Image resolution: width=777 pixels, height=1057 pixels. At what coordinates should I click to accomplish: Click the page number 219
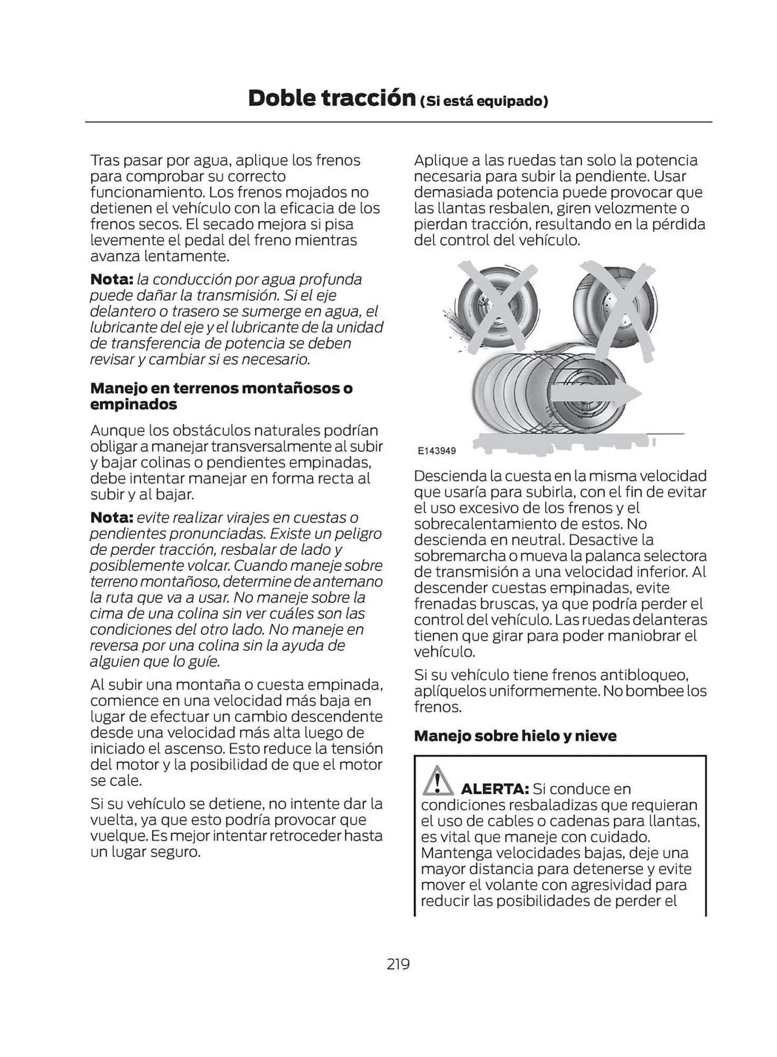[x=398, y=963]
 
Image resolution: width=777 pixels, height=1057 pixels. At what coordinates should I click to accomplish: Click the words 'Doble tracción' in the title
[x=332, y=98]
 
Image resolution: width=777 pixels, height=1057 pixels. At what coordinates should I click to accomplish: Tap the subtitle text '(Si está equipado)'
[x=483, y=101]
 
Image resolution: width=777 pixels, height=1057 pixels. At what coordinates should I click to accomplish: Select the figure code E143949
[x=436, y=451]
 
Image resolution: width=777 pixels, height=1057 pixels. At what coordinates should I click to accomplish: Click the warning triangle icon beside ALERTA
[x=437, y=780]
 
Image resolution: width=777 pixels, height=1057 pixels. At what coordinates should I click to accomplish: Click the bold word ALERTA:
[x=494, y=789]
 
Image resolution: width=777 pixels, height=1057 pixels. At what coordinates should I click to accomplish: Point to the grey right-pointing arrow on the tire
[x=594, y=394]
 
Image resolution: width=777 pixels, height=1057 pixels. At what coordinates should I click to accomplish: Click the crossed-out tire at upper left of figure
[x=497, y=307]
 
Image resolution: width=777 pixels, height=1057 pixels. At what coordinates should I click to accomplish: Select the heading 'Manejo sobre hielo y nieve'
[x=515, y=736]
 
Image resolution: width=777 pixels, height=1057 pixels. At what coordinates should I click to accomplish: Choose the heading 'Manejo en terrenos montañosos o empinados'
[x=221, y=396]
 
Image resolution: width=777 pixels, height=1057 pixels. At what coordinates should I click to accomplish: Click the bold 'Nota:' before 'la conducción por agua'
[x=111, y=279]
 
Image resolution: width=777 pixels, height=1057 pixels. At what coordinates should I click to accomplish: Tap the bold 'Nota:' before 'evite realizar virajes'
[x=111, y=517]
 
